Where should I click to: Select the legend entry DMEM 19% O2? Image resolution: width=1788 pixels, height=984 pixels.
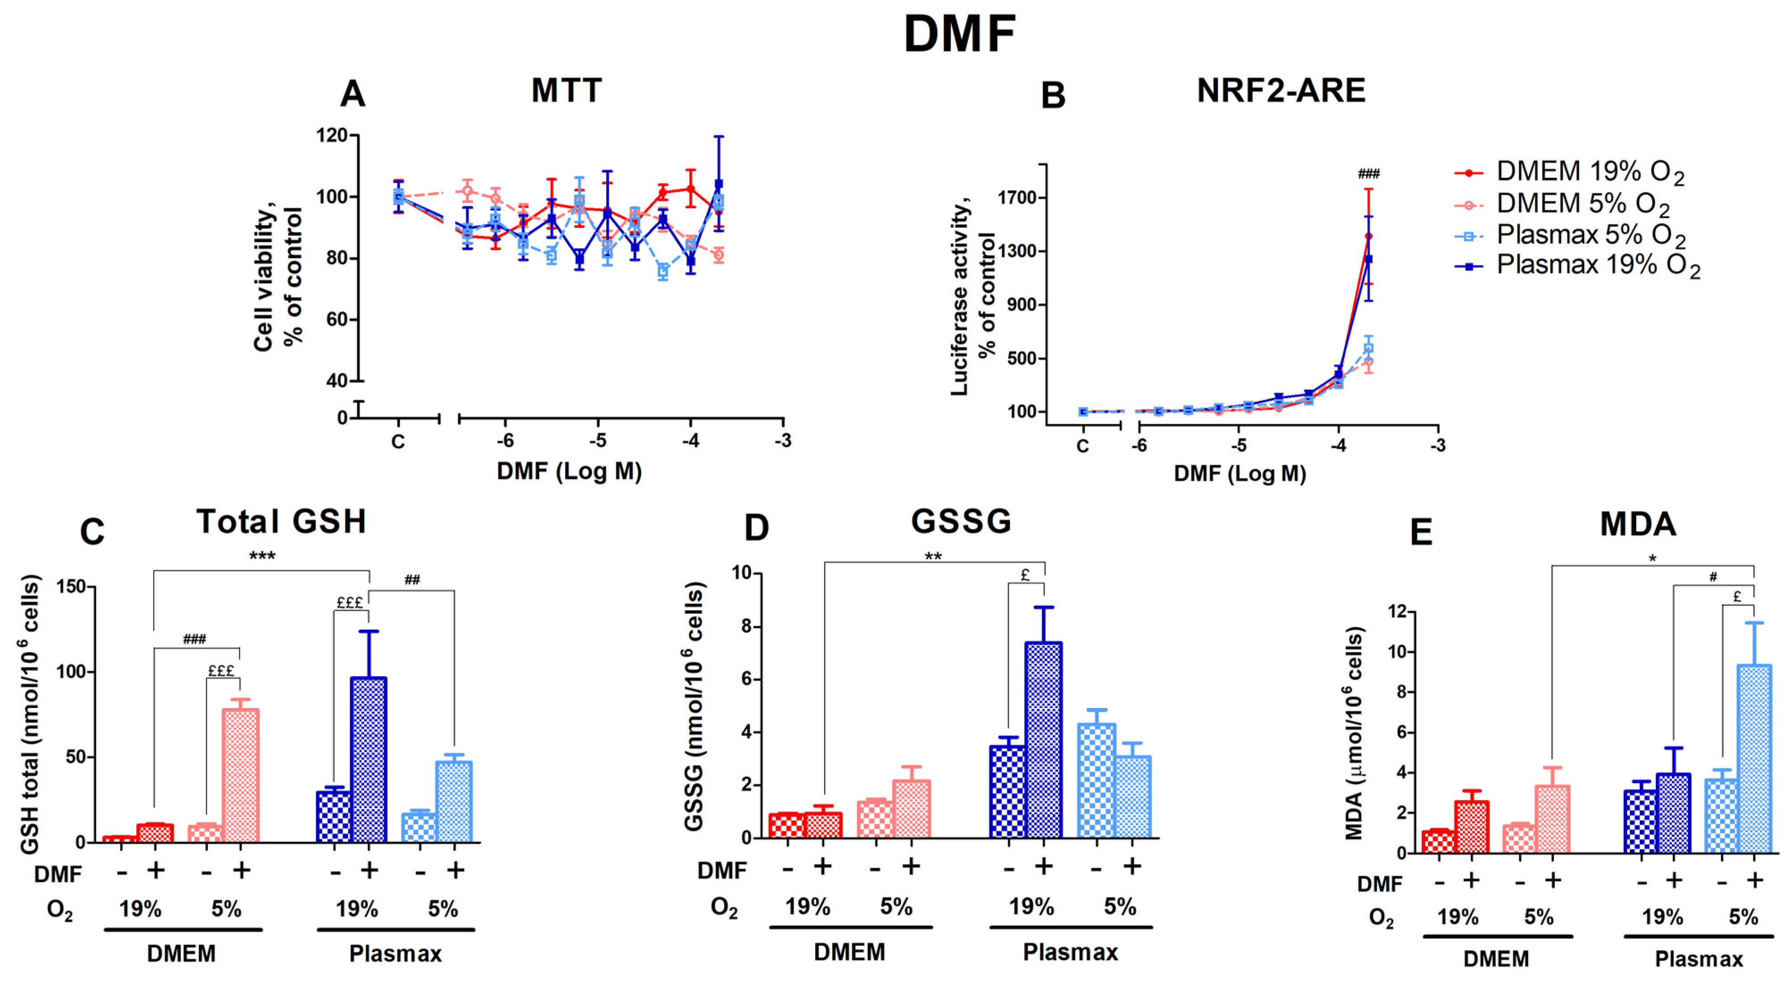tap(1590, 172)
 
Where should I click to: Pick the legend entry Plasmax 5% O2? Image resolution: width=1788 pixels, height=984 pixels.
tap(1590, 235)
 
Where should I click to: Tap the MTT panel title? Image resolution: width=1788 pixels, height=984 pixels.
tap(566, 91)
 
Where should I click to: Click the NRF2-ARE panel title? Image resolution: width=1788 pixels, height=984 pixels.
tap(1281, 91)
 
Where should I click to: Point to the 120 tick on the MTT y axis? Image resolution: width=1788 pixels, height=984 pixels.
tap(332, 135)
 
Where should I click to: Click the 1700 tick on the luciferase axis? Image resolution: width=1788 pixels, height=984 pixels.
tap(1017, 198)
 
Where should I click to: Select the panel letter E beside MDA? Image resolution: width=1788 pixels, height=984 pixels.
tap(1421, 532)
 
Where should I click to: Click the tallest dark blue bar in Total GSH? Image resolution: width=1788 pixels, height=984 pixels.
tap(368, 759)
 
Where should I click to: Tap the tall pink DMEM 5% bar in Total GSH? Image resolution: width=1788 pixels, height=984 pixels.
tap(240, 775)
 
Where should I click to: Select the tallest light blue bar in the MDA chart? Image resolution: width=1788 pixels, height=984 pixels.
tap(1754, 758)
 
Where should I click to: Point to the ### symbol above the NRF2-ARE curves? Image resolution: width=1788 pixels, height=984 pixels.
tap(1368, 173)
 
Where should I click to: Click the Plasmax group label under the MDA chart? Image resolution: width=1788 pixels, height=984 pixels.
tap(1699, 959)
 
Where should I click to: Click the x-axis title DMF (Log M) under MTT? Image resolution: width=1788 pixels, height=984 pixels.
tap(569, 472)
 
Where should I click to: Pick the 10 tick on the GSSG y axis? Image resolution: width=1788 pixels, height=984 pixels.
tap(741, 573)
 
